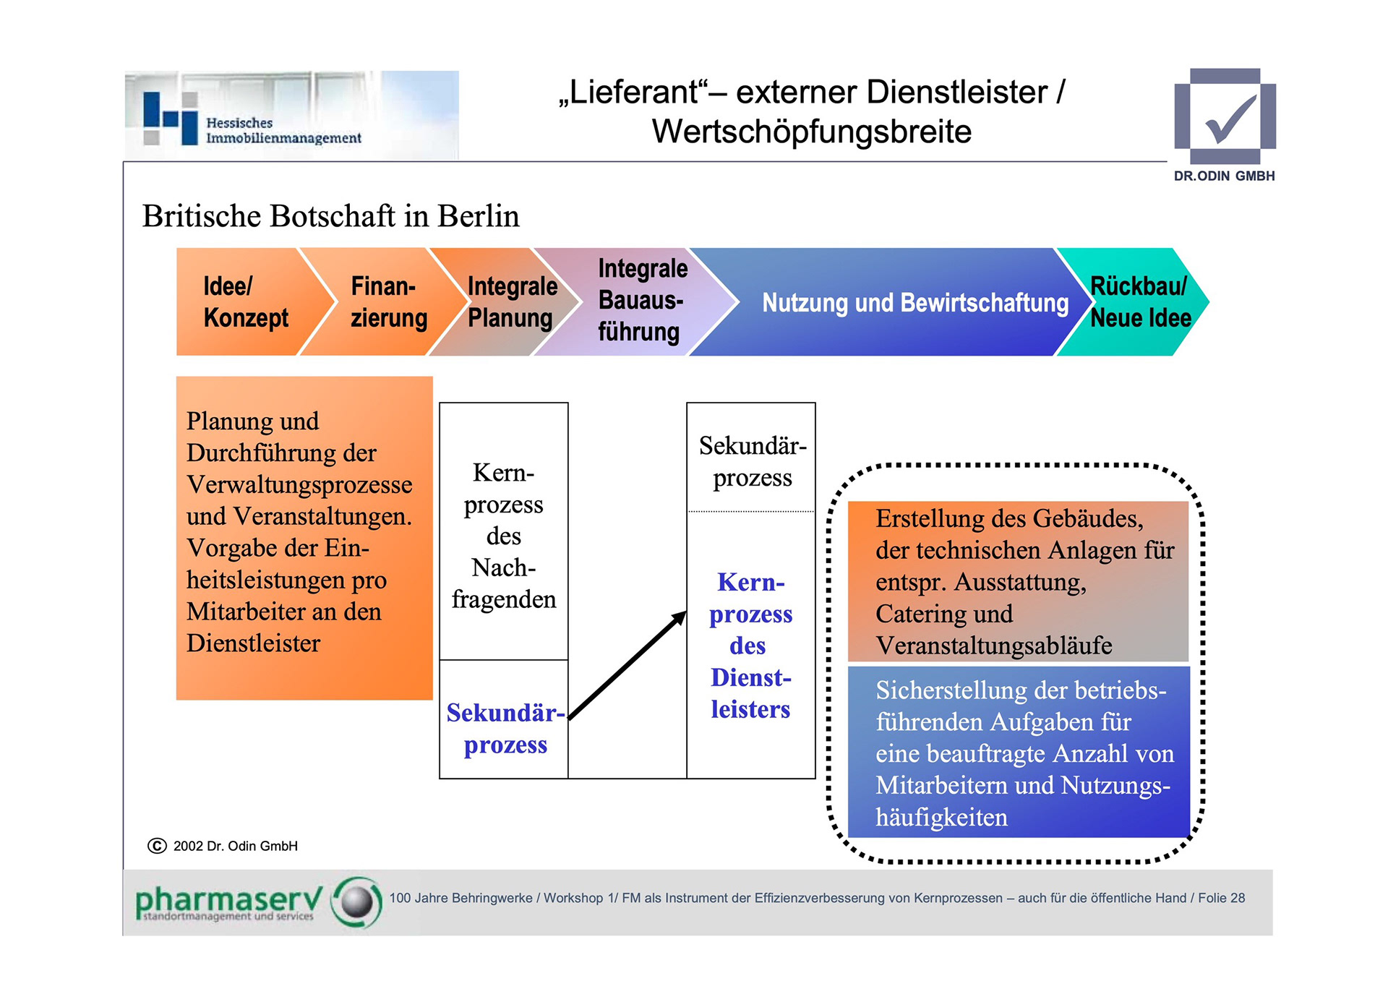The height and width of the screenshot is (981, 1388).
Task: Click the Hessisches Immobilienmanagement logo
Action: (291, 116)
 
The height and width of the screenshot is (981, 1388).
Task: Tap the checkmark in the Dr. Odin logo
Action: (1229, 120)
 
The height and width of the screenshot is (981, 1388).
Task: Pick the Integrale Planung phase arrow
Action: (510, 302)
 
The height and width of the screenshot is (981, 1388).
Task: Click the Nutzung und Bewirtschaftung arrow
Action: (914, 303)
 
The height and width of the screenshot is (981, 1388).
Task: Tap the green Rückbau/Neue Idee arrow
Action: (1139, 302)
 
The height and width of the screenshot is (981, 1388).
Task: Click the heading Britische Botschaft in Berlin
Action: (330, 216)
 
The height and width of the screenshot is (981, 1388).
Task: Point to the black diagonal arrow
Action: (627, 665)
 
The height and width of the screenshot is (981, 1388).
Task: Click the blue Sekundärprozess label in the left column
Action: (505, 729)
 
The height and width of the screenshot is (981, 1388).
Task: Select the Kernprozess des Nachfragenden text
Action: (504, 536)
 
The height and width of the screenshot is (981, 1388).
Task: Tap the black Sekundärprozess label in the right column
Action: (752, 461)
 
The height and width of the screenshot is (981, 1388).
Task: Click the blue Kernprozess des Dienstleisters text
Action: (750, 645)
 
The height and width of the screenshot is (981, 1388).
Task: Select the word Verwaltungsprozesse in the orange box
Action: (299, 484)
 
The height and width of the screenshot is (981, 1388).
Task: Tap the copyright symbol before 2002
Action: (157, 846)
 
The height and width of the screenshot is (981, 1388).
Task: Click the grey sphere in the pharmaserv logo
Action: (356, 901)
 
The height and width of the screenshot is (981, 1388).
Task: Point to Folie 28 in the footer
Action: (1221, 898)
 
